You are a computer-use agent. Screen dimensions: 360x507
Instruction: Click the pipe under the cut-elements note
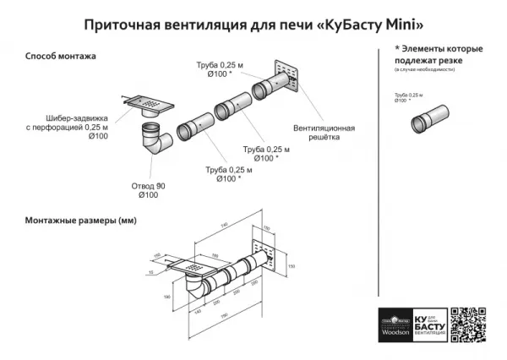coord(432,119)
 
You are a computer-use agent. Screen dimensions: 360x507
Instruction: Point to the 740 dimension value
coord(224,226)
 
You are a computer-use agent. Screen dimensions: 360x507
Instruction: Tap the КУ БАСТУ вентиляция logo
coord(427,325)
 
